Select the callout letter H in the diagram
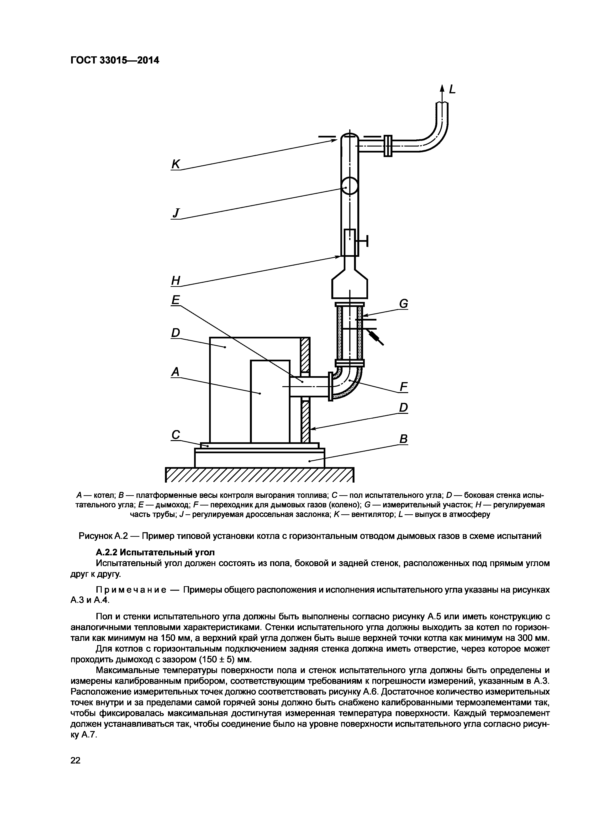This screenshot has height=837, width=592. click(x=176, y=280)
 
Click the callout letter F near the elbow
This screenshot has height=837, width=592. click(x=403, y=386)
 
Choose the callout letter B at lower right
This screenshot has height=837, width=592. click(x=403, y=439)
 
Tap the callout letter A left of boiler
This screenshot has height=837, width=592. click(x=176, y=372)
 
